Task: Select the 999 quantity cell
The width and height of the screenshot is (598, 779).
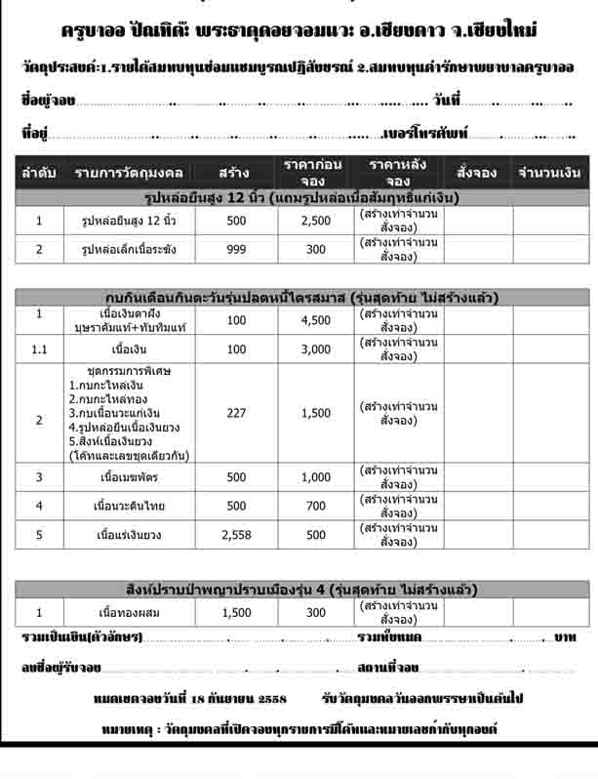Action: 236,250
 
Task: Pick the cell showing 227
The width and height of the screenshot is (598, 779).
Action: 236,414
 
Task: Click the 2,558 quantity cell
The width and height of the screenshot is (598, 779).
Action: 236,535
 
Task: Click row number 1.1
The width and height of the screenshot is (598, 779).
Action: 39,348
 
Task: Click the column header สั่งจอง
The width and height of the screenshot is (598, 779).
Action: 476,173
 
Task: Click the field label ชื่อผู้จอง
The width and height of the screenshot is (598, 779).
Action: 47,101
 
